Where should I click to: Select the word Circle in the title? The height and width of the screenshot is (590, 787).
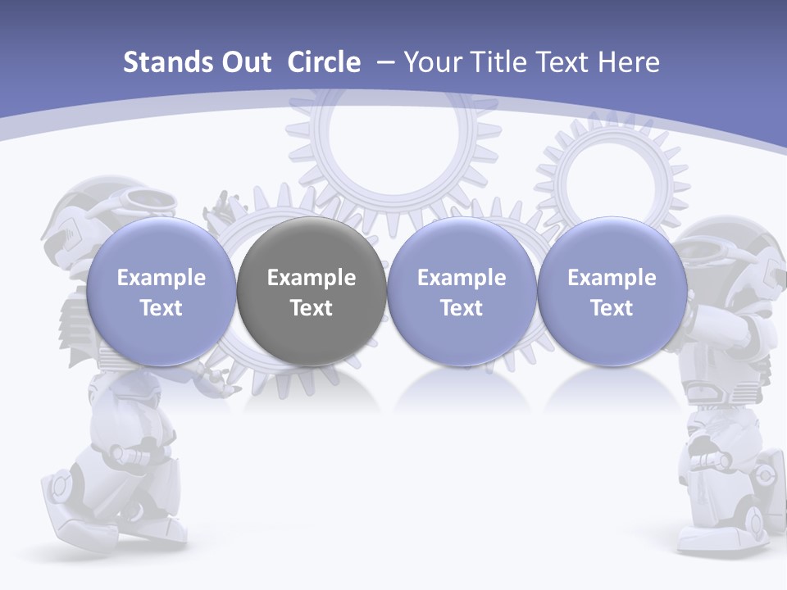pos(324,62)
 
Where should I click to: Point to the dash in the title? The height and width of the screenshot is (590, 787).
pos(383,63)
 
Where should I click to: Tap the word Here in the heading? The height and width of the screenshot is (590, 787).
pos(628,62)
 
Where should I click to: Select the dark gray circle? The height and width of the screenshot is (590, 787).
pos(312,292)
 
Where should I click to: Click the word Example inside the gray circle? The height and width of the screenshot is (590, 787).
pos(312,278)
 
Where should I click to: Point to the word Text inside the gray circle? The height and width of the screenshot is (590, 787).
pos(312,308)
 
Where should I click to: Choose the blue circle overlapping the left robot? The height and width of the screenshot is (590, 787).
pos(161,292)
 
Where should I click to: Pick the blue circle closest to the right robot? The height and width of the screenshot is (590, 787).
pos(612,292)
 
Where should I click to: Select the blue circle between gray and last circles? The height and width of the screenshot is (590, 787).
pos(462,292)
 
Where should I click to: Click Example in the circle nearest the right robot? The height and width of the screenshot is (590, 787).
pos(612,278)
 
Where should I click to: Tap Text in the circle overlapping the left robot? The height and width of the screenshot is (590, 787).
pos(161,308)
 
